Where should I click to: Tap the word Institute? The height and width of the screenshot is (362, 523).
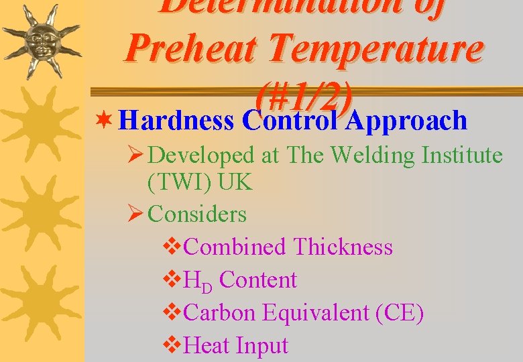[x=462, y=156]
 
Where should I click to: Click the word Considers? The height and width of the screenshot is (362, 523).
[x=197, y=215]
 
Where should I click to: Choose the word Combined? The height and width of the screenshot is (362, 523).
[x=234, y=247]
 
